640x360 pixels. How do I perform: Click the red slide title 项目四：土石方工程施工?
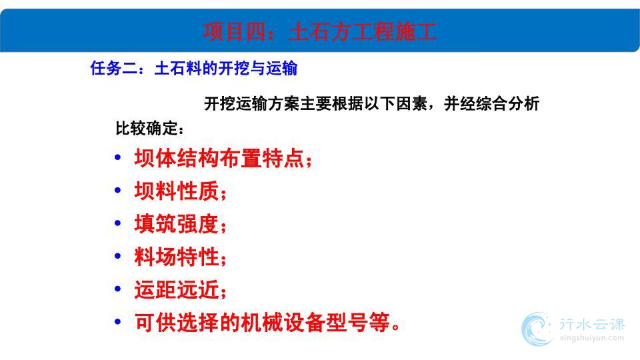click(x=319, y=31)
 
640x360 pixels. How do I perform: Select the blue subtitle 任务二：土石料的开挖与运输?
click(x=194, y=68)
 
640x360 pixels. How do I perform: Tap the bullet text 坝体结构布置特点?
click(x=219, y=158)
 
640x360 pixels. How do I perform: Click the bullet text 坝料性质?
click(x=176, y=191)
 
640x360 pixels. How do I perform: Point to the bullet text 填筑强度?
click(x=176, y=224)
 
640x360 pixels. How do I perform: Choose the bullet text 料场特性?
click(x=176, y=257)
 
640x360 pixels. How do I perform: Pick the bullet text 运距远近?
click(x=176, y=290)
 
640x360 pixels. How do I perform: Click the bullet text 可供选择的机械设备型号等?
click(x=262, y=323)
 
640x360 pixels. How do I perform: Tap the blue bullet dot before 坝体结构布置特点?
click(x=118, y=157)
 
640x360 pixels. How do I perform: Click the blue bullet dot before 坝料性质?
click(x=118, y=190)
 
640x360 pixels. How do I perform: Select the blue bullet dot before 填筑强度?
click(x=118, y=223)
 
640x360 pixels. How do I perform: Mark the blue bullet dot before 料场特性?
click(x=118, y=256)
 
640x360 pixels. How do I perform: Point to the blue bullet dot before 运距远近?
click(x=118, y=289)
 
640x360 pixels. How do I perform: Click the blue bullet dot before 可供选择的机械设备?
click(x=118, y=321)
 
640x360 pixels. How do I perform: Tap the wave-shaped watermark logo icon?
click(x=537, y=329)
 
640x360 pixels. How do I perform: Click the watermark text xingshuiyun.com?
click(x=592, y=338)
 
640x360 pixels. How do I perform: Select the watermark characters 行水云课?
click(x=592, y=325)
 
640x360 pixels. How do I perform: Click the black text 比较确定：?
click(x=149, y=128)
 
